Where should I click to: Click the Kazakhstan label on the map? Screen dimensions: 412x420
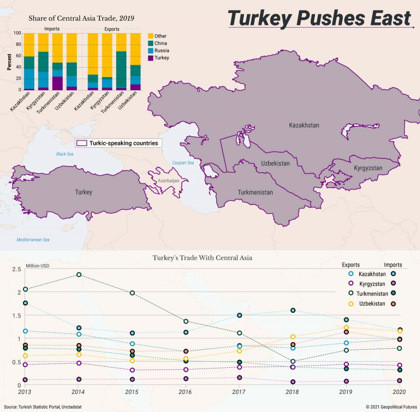pyautogui.click(x=304, y=125)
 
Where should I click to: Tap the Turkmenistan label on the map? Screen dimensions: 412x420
pyautogui.click(x=255, y=192)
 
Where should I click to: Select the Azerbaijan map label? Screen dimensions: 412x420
pyautogui.click(x=169, y=180)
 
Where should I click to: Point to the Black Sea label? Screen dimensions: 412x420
pyautogui.click(x=65, y=154)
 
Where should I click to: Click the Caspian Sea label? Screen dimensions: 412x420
pyautogui.click(x=183, y=163)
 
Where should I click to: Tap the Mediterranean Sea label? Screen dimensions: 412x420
pyautogui.click(x=33, y=239)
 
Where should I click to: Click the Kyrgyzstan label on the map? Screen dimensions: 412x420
pyautogui.click(x=368, y=168)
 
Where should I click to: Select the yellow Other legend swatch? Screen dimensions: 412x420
pyautogui.click(x=150, y=36)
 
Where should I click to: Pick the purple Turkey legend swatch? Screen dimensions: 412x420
pyautogui.click(x=150, y=58)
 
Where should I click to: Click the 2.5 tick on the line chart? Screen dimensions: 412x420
pyautogui.click(x=16, y=269)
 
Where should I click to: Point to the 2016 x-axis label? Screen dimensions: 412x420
pyautogui.click(x=185, y=393)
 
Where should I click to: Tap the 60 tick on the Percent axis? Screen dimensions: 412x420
pyautogui.click(x=18, y=55)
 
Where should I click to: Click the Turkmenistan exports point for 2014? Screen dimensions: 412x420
pyautogui.click(x=79, y=274)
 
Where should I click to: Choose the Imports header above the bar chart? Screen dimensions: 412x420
pyautogui.click(x=52, y=29)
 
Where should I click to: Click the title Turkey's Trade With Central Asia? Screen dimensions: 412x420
pyautogui.click(x=202, y=258)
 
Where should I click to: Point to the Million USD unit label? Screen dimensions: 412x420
pyautogui.click(x=37, y=266)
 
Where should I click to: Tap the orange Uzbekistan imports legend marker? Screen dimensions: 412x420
pyautogui.click(x=393, y=304)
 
